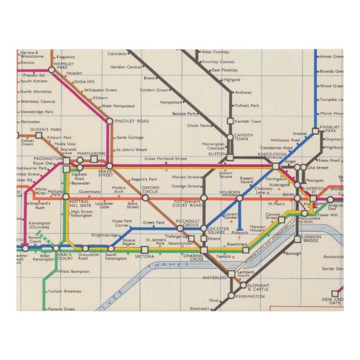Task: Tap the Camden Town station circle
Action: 229,137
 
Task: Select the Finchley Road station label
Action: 132,120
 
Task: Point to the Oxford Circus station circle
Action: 149,197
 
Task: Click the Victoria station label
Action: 144,257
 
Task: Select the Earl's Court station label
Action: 65,257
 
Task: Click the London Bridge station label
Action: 311,238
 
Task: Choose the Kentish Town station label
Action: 248,121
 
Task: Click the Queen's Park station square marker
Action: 39,135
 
